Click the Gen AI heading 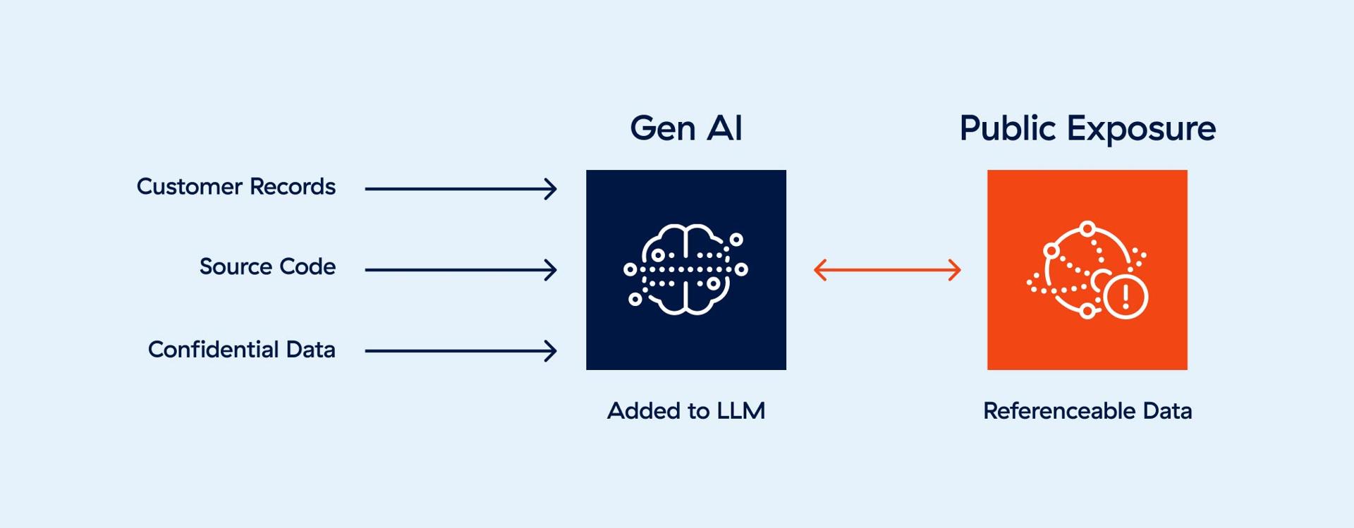(x=685, y=128)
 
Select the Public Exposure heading (x=1087, y=128)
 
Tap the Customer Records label (x=236, y=187)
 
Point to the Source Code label (x=267, y=266)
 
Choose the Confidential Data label (x=241, y=350)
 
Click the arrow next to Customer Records (x=461, y=189)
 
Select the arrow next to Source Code (x=461, y=270)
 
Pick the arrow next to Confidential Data (x=461, y=351)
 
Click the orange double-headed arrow (x=887, y=270)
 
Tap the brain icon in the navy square (x=685, y=270)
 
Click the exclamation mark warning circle (x=1126, y=297)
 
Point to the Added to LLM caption (x=685, y=411)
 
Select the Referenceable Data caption (x=1087, y=411)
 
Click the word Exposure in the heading (x=1140, y=128)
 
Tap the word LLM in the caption (x=740, y=411)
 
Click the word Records (x=292, y=187)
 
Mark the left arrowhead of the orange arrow (x=819, y=270)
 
